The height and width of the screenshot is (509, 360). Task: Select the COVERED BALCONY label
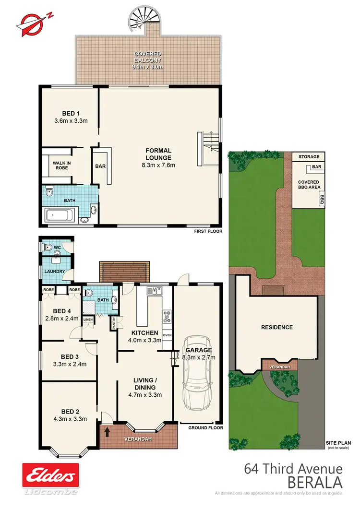click(x=148, y=57)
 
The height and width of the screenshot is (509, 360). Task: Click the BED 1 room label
click(x=71, y=113)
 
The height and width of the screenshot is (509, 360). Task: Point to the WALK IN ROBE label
click(x=61, y=166)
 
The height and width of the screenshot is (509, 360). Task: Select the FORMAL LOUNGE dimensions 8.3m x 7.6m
click(x=158, y=165)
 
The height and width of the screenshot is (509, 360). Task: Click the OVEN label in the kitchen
click(x=167, y=335)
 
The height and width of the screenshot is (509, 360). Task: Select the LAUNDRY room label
click(x=55, y=272)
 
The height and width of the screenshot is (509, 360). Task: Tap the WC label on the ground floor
click(x=56, y=248)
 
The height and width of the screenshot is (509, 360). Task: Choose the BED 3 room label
click(x=70, y=356)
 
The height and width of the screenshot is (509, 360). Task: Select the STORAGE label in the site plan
click(x=308, y=157)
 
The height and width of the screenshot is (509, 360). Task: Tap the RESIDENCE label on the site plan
click(x=276, y=327)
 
